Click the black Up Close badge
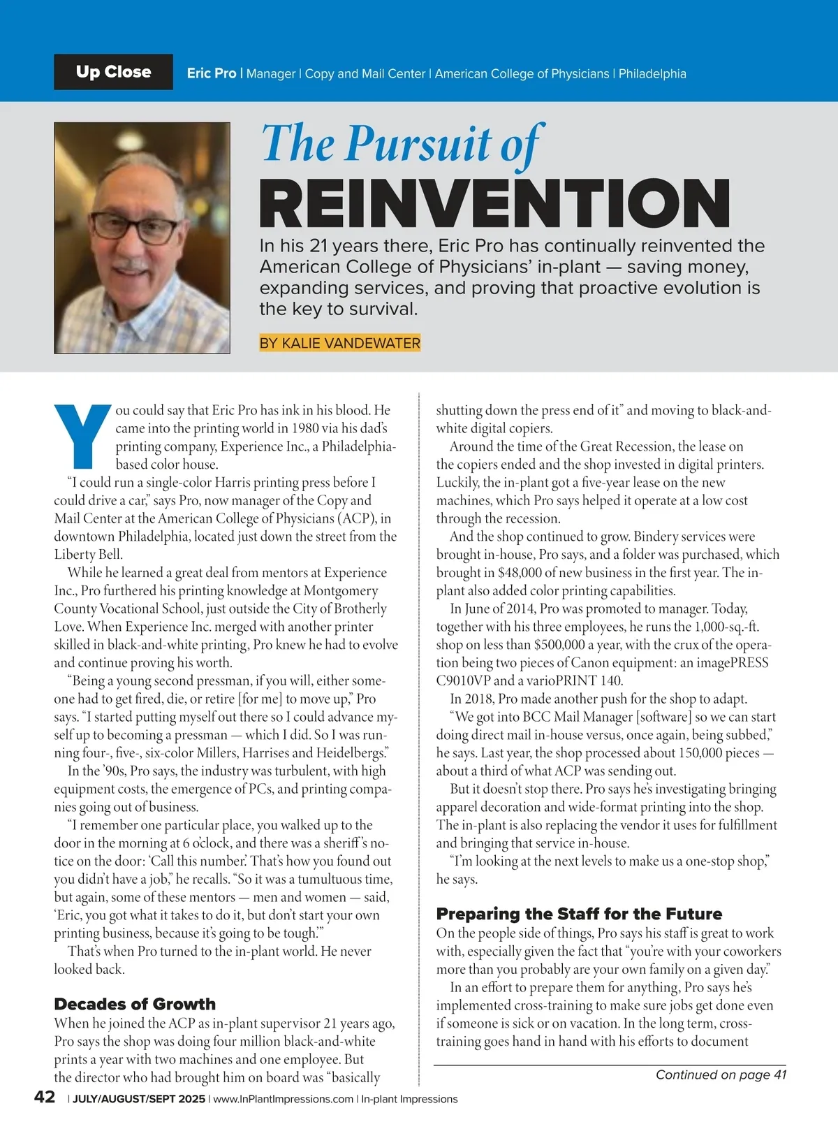point(113,72)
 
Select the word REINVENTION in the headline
point(494,203)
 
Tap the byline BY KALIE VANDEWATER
point(339,343)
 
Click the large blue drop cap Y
point(82,436)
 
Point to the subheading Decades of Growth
point(135,1004)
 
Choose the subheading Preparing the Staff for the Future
point(579,914)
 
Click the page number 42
point(45,1097)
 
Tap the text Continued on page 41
point(721,1075)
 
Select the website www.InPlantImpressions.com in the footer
point(283,1099)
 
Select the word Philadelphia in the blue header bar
point(652,74)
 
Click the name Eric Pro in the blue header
point(212,73)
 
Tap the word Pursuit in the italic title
point(418,145)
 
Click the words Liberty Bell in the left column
point(88,555)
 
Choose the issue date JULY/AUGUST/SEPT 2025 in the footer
point(139,1099)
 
